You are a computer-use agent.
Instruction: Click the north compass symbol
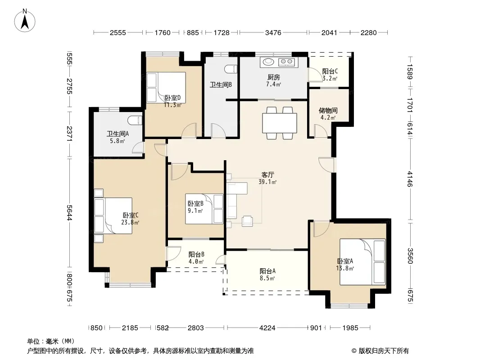pos(25,21)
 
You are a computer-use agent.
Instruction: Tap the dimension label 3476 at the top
pos(273,33)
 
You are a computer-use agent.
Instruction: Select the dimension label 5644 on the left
pos(69,212)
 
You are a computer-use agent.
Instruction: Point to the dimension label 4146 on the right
pos(410,179)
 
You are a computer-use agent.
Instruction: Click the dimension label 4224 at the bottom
pos(267,328)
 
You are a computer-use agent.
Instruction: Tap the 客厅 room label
pos(267,175)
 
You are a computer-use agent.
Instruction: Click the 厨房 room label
pos(273,77)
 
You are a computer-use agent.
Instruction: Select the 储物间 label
pos(328,110)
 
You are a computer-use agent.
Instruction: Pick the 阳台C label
pos(330,71)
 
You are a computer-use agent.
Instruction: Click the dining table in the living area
pos(280,123)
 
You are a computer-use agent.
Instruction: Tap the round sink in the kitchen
pos(268,62)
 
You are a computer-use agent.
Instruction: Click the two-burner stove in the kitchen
pos(286,62)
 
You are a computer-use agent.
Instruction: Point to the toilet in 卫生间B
pos(231,69)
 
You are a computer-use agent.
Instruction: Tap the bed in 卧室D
pos(166,87)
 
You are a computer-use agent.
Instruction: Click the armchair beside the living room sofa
pos(247,221)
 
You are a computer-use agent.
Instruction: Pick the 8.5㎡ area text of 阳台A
pos(267,279)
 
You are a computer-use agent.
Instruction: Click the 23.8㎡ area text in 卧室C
pos(130,222)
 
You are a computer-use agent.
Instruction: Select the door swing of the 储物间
pos(321,131)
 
